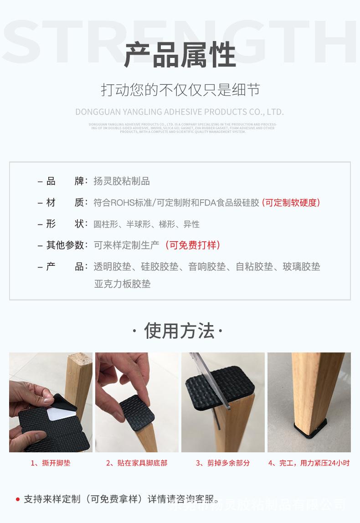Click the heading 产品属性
pyautogui.click(x=180, y=55)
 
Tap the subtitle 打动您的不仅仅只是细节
pyautogui.click(x=180, y=90)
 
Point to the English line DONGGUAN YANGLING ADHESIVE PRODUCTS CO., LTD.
pyautogui.click(x=180, y=112)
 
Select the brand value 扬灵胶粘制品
pyautogui.click(x=122, y=181)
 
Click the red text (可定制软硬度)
pyautogui.click(x=291, y=202)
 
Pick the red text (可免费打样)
pyautogui.click(x=193, y=245)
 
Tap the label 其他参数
pyautogui.click(x=66, y=245)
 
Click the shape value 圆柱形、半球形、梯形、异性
pyautogui.click(x=146, y=224)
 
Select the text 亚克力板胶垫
pyautogui.click(x=122, y=284)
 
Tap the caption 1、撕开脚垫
pyautogui.click(x=51, y=463)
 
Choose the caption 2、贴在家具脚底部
pyautogui.click(x=137, y=463)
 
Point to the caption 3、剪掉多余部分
pyautogui.click(x=223, y=463)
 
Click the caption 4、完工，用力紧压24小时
pyautogui.click(x=309, y=463)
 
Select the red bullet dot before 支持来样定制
pyautogui.click(x=18, y=499)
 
